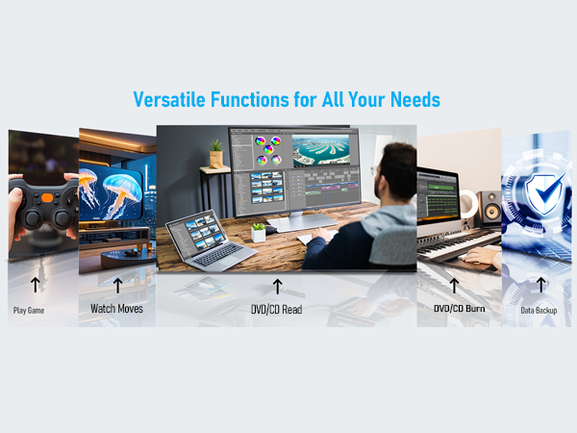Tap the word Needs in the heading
pyautogui.click(x=415, y=99)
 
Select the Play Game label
pyautogui.click(x=29, y=311)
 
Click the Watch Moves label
pyautogui.click(x=116, y=309)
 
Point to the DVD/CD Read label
pyautogui.click(x=277, y=309)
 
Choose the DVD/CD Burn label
pyautogui.click(x=460, y=309)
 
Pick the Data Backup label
pyautogui.click(x=539, y=311)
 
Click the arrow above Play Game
pyautogui.click(x=36, y=285)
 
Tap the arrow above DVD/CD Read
pyautogui.click(x=278, y=287)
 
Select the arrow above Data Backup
pyautogui.click(x=540, y=285)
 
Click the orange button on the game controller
pyautogui.click(x=47, y=197)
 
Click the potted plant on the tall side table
pyautogui.click(x=216, y=154)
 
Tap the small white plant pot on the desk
pyautogui.click(x=259, y=233)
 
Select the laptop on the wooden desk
pyautogui.click(x=212, y=239)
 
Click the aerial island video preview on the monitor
pyautogui.click(x=321, y=151)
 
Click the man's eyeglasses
pyautogui.click(x=374, y=170)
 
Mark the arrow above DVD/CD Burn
pyautogui.click(x=454, y=286)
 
